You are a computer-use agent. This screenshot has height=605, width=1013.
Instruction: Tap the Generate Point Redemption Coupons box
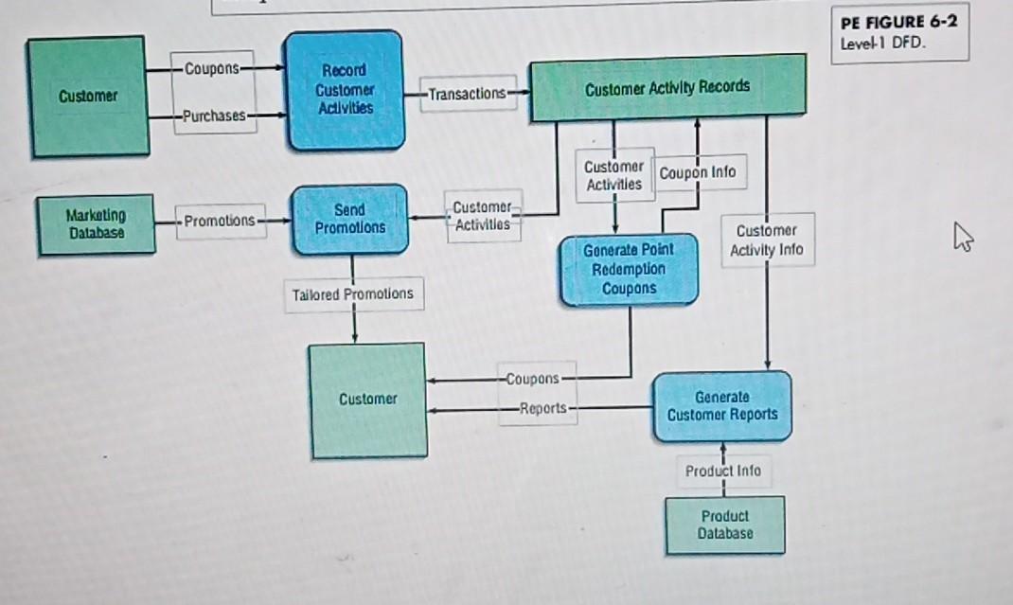click(629, 269)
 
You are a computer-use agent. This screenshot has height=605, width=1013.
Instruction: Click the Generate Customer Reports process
click(721, 406)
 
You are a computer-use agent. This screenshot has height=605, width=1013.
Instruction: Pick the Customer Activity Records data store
click(667, 88)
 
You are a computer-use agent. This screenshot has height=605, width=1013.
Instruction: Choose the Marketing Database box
click(95, 223)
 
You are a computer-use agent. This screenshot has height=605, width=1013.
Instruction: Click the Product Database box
click(725, 525)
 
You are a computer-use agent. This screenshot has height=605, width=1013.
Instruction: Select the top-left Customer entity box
click(88, 96)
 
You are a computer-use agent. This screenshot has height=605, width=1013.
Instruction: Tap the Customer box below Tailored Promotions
click(367, 400)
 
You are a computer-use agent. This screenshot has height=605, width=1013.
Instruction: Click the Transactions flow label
click(468, 93)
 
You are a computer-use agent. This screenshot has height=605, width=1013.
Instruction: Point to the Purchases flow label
click(214, 116)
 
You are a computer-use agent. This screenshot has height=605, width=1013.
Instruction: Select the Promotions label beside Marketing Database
click(220, 221)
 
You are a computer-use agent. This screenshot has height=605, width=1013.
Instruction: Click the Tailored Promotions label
click(352, 294)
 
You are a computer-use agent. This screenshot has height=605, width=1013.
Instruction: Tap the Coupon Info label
click(697, 173)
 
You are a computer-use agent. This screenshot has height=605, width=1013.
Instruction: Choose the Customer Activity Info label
click(766, 240)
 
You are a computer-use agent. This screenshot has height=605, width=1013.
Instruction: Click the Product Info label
click(723, 471)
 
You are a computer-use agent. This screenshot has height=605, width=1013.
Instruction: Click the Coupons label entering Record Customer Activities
click(214, 68)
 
